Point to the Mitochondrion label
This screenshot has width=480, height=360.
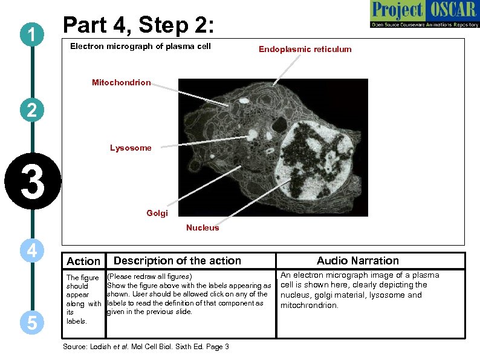121,82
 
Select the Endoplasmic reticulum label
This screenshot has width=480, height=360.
305,50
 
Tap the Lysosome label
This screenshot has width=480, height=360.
131,148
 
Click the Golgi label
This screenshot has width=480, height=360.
157,213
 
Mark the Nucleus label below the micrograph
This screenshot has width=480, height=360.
203,228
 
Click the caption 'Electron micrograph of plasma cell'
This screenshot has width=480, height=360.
140,47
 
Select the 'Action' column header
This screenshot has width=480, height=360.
83,261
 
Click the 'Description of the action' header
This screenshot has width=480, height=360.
177,261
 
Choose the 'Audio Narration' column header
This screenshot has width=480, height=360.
358,261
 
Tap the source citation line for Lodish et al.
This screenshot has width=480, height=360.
146,347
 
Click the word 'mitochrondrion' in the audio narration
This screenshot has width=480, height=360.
310,306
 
